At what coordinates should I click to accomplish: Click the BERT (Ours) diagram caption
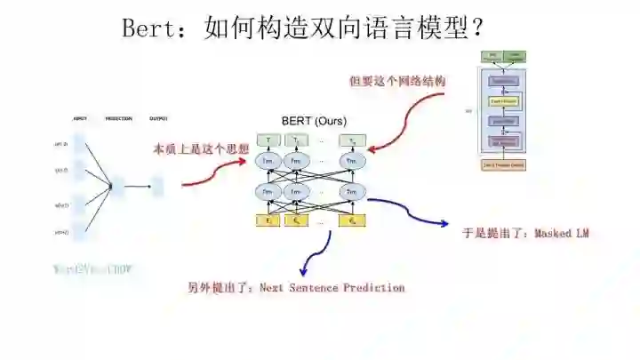[314, 121]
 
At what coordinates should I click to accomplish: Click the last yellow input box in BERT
[353, 220]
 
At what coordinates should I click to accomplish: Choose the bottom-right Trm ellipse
[353, 191]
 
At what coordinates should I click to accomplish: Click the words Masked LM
[562, 234]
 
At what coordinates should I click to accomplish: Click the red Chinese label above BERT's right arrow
[397, 81]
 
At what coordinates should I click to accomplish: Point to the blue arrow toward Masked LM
[409, 212]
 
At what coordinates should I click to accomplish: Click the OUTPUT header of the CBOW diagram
[158, 119]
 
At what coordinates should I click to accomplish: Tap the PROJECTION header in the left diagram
[118, 119]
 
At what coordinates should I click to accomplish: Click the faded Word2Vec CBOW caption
[92, 268]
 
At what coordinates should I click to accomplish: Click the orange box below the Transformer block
[503, 164]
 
